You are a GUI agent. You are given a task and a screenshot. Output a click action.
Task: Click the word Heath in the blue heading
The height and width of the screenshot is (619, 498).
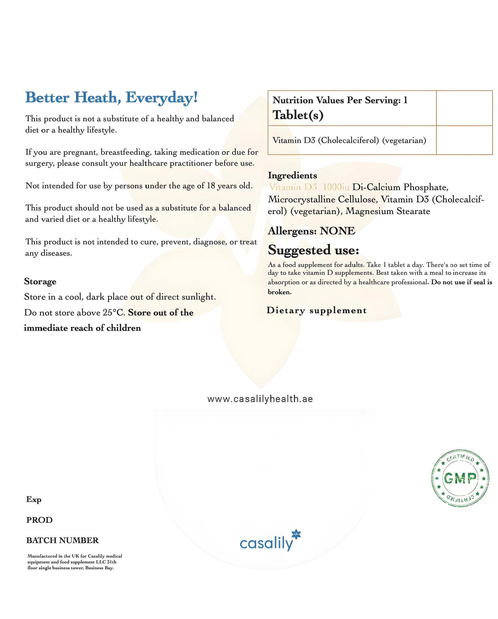coord(95,98)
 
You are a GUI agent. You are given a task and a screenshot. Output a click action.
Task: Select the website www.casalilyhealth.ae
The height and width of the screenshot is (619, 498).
coord(260,399)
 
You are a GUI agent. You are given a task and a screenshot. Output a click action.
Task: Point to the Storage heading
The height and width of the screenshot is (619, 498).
coord(40,281)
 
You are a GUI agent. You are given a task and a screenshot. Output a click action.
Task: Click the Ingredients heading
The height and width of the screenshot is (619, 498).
coord(292,175)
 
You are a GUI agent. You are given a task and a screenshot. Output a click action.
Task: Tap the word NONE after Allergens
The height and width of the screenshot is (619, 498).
coord(337,231)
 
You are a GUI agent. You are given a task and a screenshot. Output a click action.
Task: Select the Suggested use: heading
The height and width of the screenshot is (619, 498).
coord(313,250)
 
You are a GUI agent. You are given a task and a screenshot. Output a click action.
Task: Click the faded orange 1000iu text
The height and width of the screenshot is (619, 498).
coord(336,187)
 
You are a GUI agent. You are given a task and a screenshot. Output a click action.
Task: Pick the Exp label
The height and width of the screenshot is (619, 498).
coord(34,500)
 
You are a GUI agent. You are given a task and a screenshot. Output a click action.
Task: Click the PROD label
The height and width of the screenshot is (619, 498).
coord(39,520)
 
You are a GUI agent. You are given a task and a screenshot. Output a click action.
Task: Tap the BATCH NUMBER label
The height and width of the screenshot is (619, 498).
coord(62,540)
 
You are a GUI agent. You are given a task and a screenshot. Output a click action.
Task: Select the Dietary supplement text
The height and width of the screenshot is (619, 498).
coord(316,310)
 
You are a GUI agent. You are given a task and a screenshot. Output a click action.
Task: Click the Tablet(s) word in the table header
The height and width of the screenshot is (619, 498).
coord(298,115)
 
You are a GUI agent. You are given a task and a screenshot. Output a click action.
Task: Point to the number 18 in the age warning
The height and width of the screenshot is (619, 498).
coord(211,186)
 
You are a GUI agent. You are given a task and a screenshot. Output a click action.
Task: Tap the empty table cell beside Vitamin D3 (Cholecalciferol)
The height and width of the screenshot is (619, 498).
coord(464,140)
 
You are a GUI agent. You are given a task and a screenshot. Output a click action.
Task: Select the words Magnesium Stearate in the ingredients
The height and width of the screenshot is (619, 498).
coord(388,211)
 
